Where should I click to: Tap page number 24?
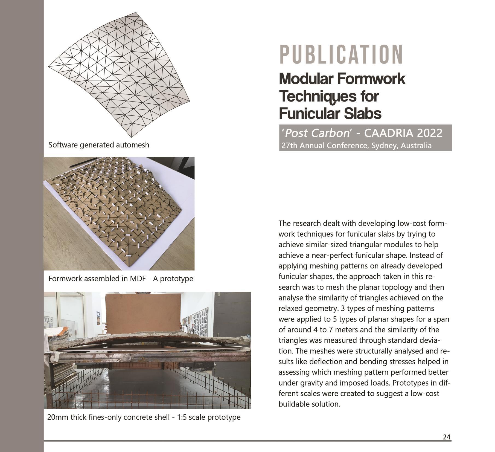tap(446, 437)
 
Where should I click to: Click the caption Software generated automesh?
tap(99, 145)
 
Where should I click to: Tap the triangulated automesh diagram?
tap(119, 74)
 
